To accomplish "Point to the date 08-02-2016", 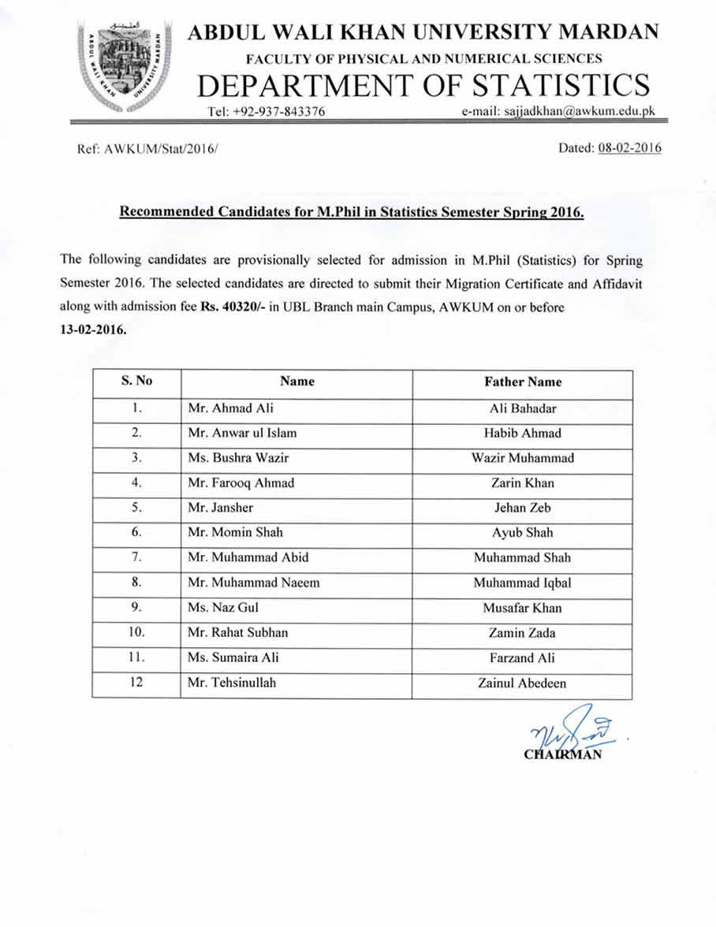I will coord(630,148).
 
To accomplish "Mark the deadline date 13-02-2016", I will coord(93,330).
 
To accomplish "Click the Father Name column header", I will coord(523,382).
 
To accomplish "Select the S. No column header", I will coord(136,382).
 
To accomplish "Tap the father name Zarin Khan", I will coord(522,483).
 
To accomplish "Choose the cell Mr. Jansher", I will coord(220,508).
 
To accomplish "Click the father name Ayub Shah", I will coord(522,533).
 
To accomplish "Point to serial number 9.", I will coord(136,608).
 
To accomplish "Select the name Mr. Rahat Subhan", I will coord(237,633).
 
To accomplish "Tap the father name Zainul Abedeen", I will coord(522,683).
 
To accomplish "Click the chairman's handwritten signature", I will coord(566,733).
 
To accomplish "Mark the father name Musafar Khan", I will coord(522,609).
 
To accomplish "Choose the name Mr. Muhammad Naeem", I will coord(253,583).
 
